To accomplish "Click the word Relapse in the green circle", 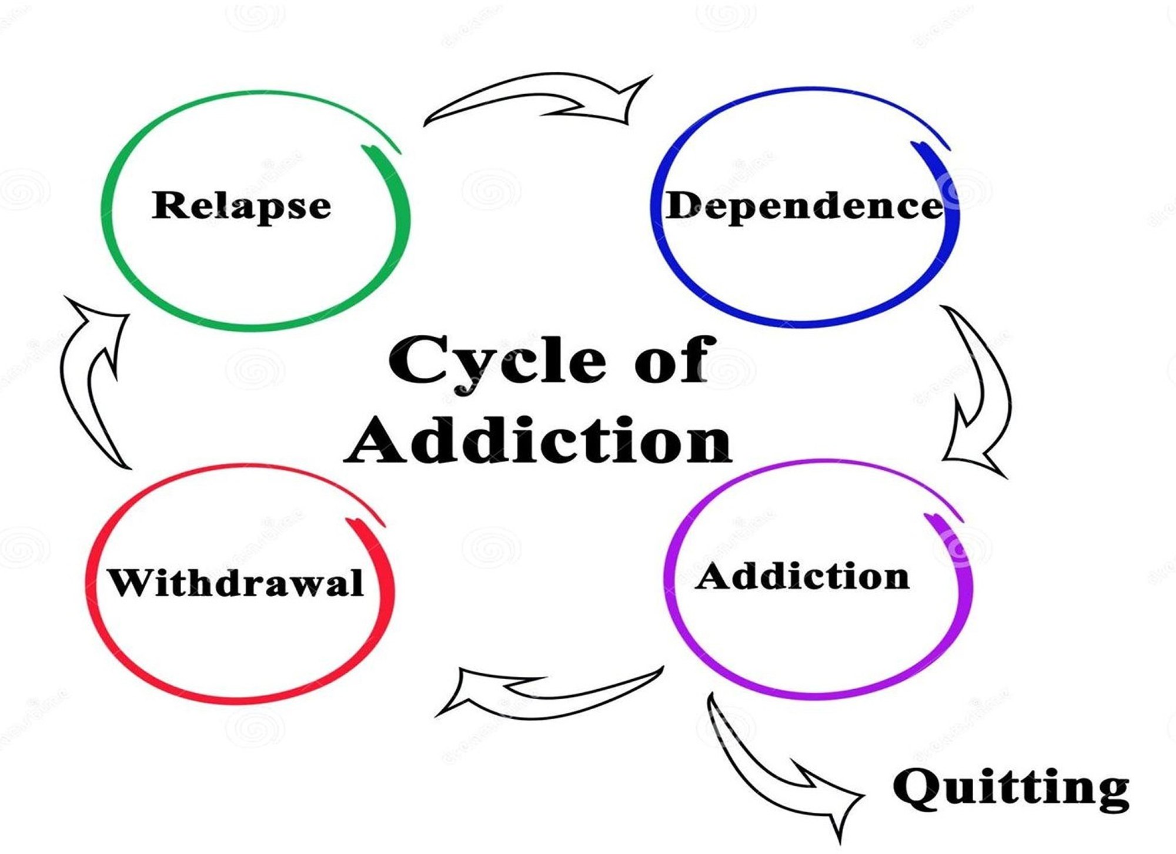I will [x=241, y=206].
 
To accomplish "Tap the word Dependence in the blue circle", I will [x=804, y=207].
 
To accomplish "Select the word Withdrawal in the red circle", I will [x=236, y=583].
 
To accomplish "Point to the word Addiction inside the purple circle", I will [x=802, y=576].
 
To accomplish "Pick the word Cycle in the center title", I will [x=497, y=360].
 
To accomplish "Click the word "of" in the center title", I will [x=674, y=360].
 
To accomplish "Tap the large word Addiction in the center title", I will [x=538, y=440].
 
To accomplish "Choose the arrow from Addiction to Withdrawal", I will [x=547, y=695].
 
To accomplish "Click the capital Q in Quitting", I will [x=916, y=787].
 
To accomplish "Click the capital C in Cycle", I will [x=415, y=360].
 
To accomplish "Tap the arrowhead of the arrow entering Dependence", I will [x=623, y=100].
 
